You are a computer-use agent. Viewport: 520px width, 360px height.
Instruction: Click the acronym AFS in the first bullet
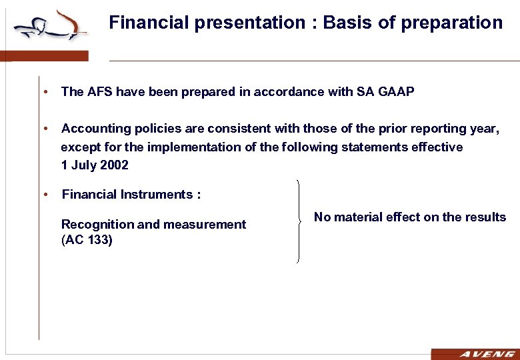tap(99, 92)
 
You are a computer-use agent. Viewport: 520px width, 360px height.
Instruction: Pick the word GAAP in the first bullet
tap(396, 92)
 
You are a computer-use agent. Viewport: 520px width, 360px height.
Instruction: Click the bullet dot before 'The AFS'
tap(43, 92)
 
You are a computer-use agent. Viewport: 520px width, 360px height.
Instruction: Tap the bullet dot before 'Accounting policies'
tap(43, 128)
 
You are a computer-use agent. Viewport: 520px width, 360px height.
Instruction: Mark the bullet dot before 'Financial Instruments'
tap(43, 195)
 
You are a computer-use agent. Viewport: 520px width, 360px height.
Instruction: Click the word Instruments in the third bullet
tap(156, 195)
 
